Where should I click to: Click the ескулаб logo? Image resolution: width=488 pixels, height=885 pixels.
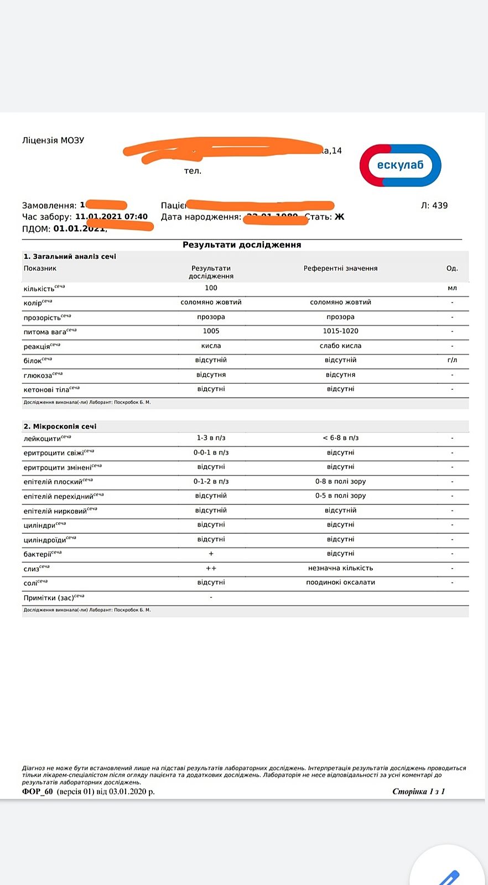point(400,165)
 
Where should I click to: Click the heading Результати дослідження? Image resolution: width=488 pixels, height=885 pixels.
point(242,244)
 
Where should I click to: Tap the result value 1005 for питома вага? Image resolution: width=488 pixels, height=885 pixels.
point(211,331)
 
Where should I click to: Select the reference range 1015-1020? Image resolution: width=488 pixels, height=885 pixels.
point(340,331)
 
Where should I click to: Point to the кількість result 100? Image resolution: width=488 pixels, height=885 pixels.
point(211,288)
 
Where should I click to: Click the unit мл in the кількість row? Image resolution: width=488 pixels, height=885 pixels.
point(452,288)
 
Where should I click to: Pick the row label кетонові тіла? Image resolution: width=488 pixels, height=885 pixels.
point(46,389)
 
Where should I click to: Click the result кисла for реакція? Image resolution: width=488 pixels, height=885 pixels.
point(211,346)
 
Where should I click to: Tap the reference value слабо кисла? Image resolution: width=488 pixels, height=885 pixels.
point(340,346)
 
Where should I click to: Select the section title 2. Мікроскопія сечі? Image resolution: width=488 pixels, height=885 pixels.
point(60,426)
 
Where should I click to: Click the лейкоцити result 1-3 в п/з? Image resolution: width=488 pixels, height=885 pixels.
point(211,438)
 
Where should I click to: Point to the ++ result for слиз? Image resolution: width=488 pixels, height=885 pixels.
point(211,568)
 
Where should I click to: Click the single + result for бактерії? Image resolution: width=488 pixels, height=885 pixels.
point(211,554)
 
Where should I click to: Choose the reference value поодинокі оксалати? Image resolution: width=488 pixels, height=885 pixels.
point(340,582)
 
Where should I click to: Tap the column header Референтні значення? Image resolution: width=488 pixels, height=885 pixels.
point(340,268)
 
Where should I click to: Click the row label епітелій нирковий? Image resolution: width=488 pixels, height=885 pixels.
point(55,511)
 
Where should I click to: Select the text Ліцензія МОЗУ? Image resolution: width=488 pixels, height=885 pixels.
point(53,140)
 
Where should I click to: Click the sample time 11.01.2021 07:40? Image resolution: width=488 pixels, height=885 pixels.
point(111,216)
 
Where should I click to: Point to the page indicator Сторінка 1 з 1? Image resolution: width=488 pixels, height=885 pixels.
point(418,792)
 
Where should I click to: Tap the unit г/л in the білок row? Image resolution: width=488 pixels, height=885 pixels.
point(452,360)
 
